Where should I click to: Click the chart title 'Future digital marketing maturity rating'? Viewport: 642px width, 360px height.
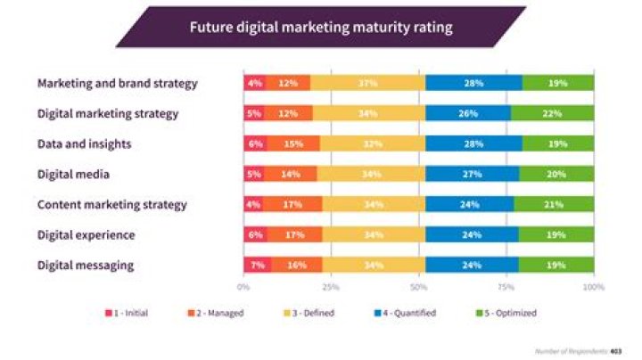click(x=320, y=27)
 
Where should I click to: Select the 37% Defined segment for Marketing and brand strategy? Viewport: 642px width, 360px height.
click(x=367, y=84)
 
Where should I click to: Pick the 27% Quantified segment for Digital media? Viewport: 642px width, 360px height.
click(x=473, y=175)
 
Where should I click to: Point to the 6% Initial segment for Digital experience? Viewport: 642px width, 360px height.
click(x=254, y=235)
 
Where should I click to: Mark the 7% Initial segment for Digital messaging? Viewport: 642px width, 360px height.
click(x=256, y=266)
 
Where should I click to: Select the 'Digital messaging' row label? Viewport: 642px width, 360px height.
click(x=86, y=265)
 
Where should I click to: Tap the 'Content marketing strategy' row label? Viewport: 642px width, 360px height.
click(x=112, y=204)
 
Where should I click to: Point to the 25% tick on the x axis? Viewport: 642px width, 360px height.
click(x=331, y=287)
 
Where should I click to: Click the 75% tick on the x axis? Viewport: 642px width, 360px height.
click(x=506, y=287)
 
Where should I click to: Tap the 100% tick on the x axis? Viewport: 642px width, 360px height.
click(x=593, y=287)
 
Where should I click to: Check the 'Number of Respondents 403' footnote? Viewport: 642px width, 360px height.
click(x=584, y=351)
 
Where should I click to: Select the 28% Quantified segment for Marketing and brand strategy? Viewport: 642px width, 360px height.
click(x=473, y=84)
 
